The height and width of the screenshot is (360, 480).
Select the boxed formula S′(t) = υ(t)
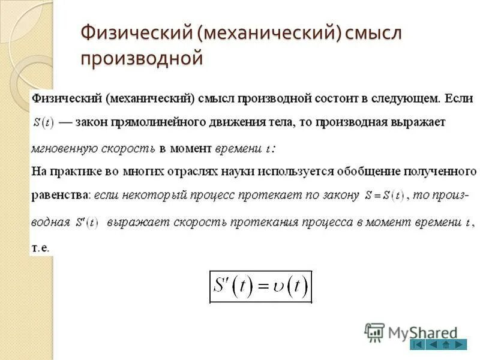(x=261, y=287)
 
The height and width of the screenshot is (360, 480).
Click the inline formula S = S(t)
(x=385, y=196)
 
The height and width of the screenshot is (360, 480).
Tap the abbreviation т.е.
(x=40, y=247)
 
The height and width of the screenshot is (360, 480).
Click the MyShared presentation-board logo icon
(x=374, y=332)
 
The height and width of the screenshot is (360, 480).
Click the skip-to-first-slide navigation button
(x=418, y=344)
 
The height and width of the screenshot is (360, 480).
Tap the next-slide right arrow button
(x=460, y=344)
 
